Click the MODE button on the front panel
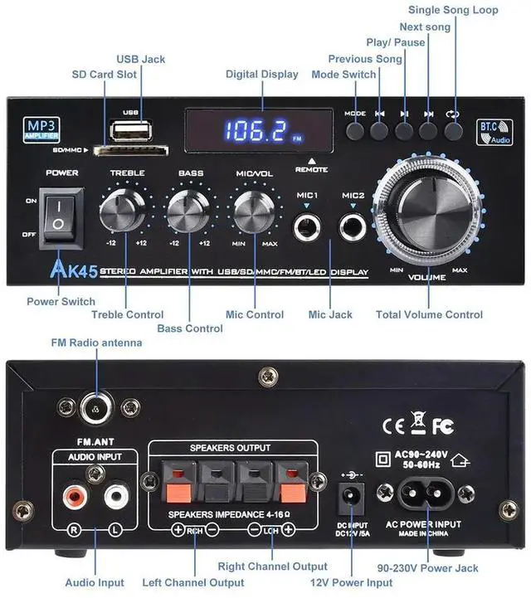tap(355, 130)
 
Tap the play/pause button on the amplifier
tap(404, 130)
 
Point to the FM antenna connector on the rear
tap(97, 406)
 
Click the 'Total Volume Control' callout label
tap(429, 314)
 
